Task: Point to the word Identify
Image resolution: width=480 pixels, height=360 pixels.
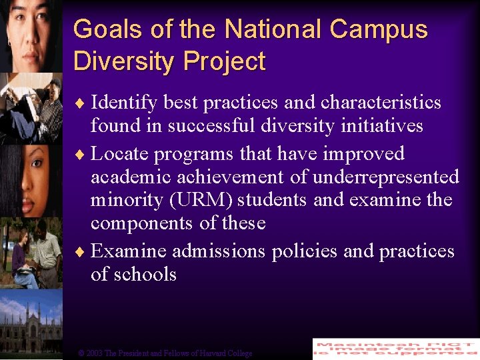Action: [124, 103]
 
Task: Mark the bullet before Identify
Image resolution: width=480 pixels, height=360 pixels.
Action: [81, 103]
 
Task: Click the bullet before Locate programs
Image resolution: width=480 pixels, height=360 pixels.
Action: [81, 155]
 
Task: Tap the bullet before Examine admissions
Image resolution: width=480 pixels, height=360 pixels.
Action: [81, 252]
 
